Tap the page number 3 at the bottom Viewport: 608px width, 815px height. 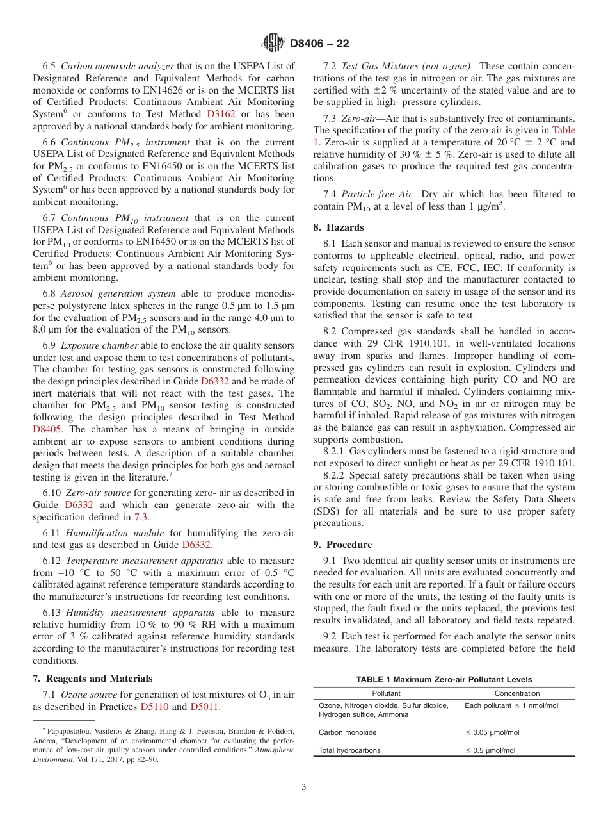tap(303, 787)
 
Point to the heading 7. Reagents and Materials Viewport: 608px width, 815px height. tap(92, 679)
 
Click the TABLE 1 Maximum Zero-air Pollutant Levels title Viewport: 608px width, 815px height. tap(444, 680)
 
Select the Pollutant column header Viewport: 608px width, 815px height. tap(386, 693)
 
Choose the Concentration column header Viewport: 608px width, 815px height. tap(516, 693)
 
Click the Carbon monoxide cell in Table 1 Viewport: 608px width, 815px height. tap(348, 732)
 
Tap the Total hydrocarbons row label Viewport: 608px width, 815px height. tap(349, 751)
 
